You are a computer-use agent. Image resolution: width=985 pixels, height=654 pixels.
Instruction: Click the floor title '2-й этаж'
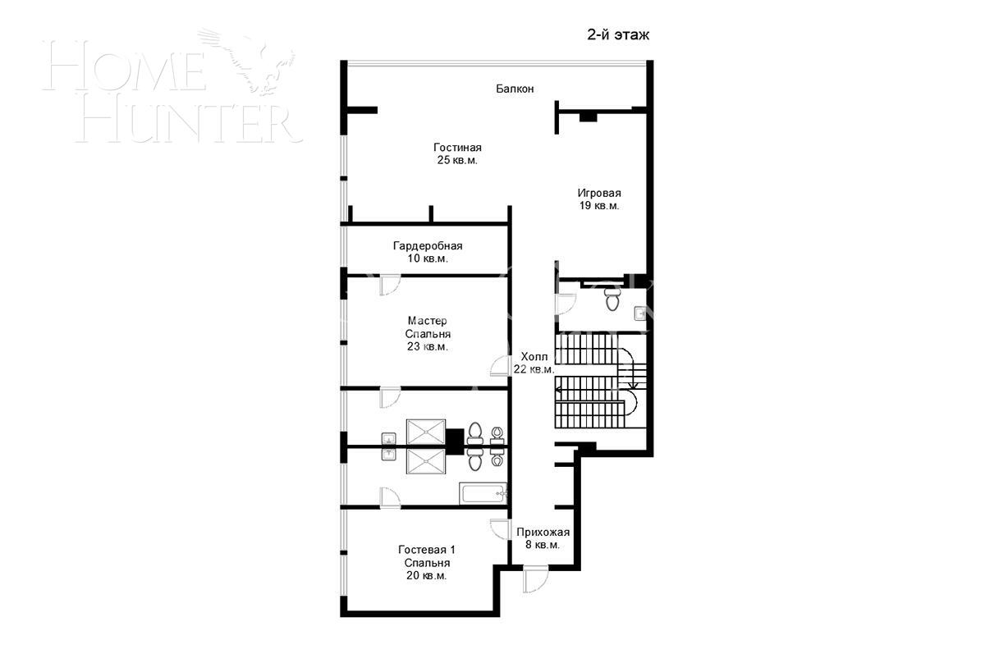click(618, 34)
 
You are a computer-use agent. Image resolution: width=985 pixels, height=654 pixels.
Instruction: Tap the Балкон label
click(515, 89)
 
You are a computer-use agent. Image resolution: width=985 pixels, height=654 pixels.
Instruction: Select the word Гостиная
click(457, 147)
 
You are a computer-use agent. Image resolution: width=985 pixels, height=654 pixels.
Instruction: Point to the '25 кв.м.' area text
click(457, 160)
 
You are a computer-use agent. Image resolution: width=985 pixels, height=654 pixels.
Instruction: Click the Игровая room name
click(599, 193)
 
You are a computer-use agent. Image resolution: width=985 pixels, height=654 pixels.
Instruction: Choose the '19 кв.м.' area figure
click(599, 206)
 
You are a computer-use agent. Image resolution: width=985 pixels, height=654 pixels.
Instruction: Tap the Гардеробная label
click(428, 245)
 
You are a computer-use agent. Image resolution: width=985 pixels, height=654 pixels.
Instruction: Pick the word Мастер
click(427, 321)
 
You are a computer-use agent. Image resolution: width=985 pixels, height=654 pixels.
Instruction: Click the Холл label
click(534, 356)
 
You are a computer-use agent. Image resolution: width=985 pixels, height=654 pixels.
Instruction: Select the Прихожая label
click(543, 532)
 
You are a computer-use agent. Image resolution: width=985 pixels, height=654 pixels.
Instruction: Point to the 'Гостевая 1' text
click(427, 550)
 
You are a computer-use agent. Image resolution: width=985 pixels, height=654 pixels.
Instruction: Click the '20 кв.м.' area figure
click(427, 575)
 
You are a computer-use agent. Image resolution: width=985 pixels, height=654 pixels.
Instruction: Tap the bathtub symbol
click(483, 493)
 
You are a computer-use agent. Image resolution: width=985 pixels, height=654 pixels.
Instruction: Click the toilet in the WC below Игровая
click(612, 300)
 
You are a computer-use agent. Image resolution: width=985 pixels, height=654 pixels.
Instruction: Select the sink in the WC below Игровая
click(639, 313)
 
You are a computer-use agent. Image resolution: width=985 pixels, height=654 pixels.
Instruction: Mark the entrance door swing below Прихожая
click(535, 579)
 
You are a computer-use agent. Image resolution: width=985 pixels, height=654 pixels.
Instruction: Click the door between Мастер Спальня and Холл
click(500, 366)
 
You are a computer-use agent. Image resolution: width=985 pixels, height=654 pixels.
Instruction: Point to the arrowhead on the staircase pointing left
click(557, 389)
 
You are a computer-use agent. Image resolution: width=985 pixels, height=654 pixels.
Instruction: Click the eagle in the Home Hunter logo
click(248, 61)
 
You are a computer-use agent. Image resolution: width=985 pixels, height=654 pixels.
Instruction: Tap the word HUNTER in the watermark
click(190, 124)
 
